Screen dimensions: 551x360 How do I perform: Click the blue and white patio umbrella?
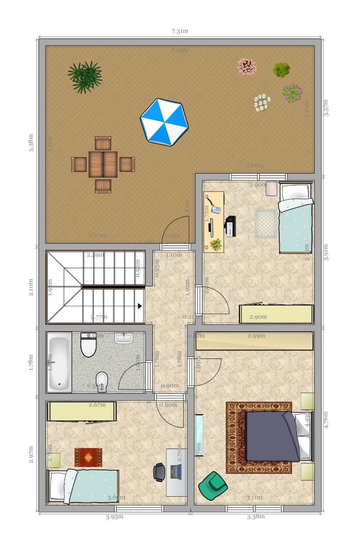pyautogui.click(x=164, y=122)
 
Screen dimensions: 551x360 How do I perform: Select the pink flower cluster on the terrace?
pyautogui.click(x=247, y=67)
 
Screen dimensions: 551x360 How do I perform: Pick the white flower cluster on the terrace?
pyautogui.click(x=262, y=102)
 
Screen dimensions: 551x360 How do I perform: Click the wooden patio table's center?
pyautogui.click(x=103, y=164)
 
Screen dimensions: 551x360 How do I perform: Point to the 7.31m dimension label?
pyautogui.click(x=180, y=31)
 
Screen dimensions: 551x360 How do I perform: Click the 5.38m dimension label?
pyautogui.click(x=31, y=144)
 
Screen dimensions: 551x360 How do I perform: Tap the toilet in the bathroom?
pyautogui.click(x=88, y=345)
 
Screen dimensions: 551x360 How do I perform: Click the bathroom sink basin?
pyautogui.click(x=124, y=338)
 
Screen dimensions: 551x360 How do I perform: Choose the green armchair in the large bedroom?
pyautogui.click(x=212, y=486)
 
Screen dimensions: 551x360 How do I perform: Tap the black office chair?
pyautogui.click(x=159, y=472)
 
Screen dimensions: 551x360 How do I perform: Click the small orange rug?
pyautogui.click(x=88, y=457)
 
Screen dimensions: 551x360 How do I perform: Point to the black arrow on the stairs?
pyautogui.click(x=139, y=305)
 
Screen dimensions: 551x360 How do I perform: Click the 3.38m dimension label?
pyautogui.click(x=256, y=517)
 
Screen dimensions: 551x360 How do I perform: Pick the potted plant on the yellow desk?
pyautogui.click(x=215, y=245)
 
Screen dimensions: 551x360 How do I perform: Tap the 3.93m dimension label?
pyautogui.click(x=114, y=517)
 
